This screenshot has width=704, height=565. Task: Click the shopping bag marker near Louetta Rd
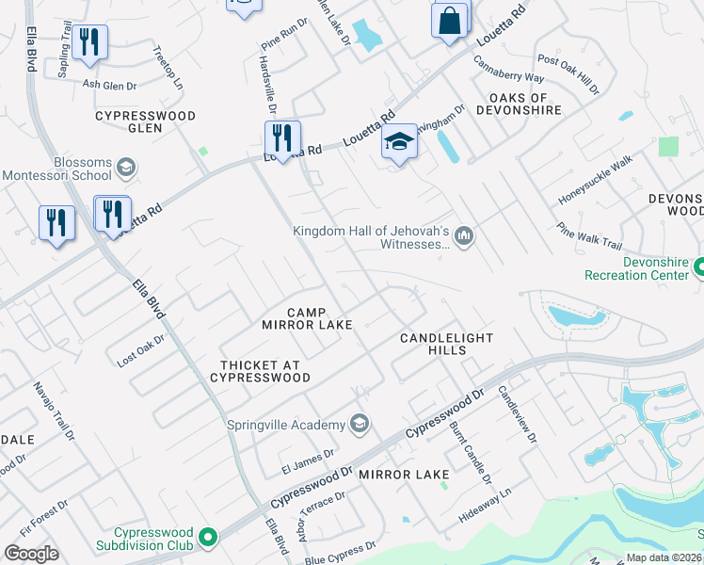450,20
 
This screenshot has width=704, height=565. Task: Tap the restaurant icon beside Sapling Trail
89,42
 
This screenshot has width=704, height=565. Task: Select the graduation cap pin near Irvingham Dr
399,143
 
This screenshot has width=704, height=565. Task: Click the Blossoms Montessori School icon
124,169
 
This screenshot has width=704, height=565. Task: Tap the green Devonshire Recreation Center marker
698,268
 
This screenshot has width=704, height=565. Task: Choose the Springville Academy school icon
359,424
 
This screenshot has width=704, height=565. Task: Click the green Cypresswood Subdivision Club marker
208,539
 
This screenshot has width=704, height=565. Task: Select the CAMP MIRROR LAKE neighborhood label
307,318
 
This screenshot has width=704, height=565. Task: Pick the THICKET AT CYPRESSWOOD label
264,371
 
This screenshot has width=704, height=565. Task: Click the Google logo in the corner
31,553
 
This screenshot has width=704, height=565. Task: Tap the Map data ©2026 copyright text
663,557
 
